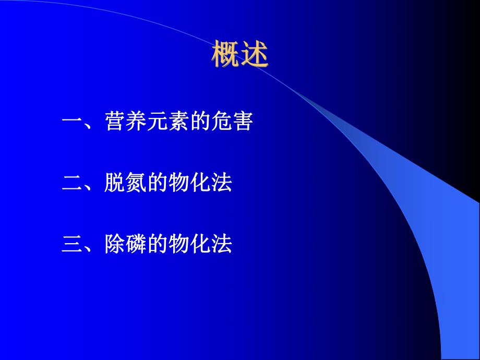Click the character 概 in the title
[225, 55]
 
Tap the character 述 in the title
[254, 55]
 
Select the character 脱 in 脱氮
[115, 184]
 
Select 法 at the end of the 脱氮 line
[221, 184]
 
